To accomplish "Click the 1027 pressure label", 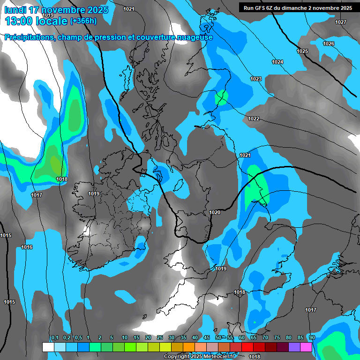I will click(341, 22).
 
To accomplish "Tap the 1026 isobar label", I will click(329, 44).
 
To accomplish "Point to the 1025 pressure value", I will click(302, 51).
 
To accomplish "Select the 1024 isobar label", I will click(277, 62).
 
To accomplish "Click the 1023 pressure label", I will click(255, 79).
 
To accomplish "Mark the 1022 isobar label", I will click(254, 119).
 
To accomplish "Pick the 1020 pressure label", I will click(215, 212).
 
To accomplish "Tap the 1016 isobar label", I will click(27, 247).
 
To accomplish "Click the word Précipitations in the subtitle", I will click(29, 37).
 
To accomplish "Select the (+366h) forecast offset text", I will click(83, 21).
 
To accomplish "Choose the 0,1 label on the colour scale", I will click(55, 337).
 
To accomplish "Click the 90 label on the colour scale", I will click(312, 337).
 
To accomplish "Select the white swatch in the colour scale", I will click(48, 347).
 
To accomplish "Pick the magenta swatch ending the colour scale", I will click(306, 347).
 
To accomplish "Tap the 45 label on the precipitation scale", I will click(207, 337).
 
